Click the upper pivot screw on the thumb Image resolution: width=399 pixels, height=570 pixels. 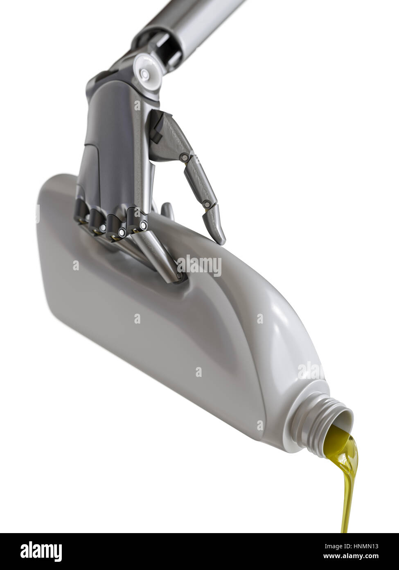click(x=185, y=156)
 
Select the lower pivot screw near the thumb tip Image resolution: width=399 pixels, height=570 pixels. click(x=207, y=203)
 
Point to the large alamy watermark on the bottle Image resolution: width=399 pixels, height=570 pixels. click(x=199, y=266)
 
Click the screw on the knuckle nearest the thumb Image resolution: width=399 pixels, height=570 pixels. click(x=143, y=226)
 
